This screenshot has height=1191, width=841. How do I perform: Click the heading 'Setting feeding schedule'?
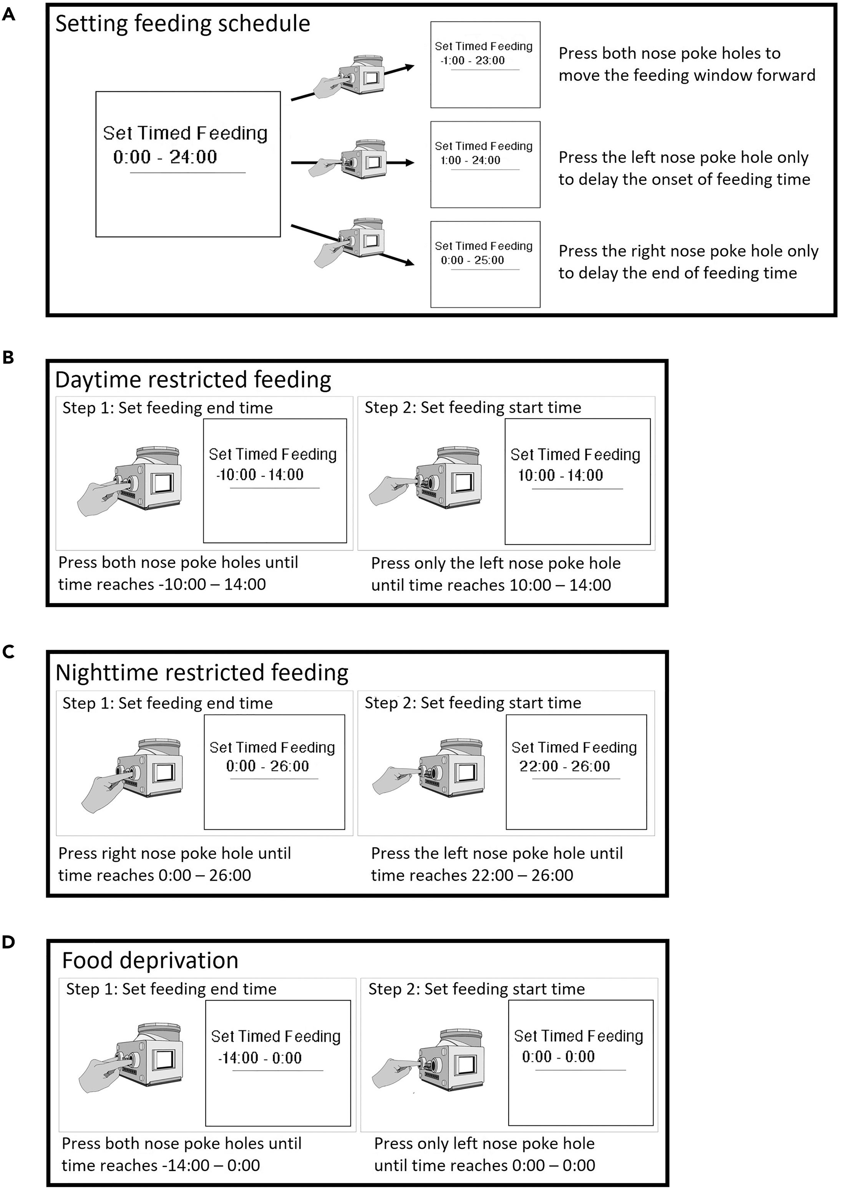point(182,24)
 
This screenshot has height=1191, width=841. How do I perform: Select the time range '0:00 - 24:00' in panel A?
point(165,157)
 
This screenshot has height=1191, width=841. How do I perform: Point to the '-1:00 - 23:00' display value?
point(472,61)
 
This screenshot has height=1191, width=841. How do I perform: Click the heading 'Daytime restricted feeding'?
point(193,380)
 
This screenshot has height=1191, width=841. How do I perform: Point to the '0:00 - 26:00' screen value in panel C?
point(267,766)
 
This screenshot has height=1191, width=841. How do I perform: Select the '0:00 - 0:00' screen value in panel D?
point(558,1057)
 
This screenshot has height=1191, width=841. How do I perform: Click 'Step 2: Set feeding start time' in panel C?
point(473,703)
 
